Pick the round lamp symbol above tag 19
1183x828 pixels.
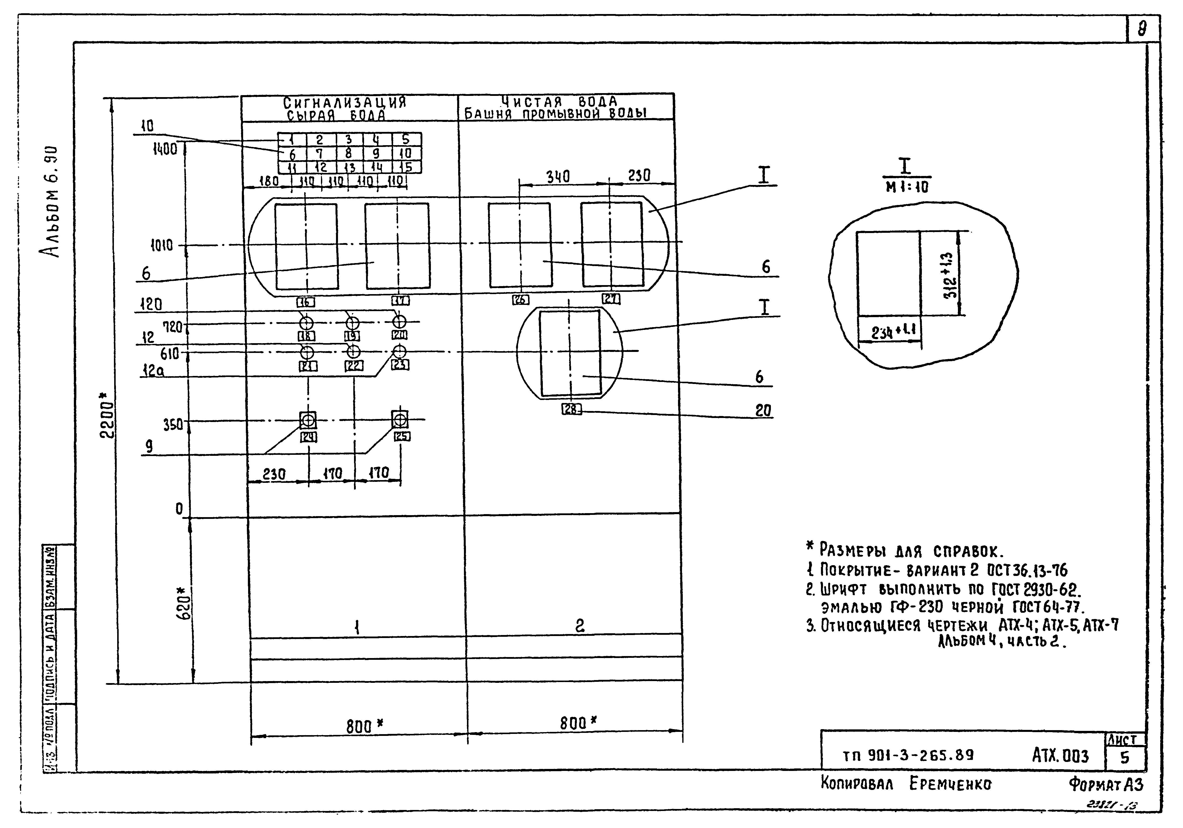(x=353, y=323)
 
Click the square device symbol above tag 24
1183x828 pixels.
(x=308, y=420)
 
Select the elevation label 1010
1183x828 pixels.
(x=162, y=246)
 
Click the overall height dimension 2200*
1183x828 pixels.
(x=107, y=415)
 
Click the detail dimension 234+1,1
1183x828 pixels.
(x=893, y=331)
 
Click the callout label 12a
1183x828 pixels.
(x=153, y=370)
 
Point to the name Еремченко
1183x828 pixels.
(x=950, y=784)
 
